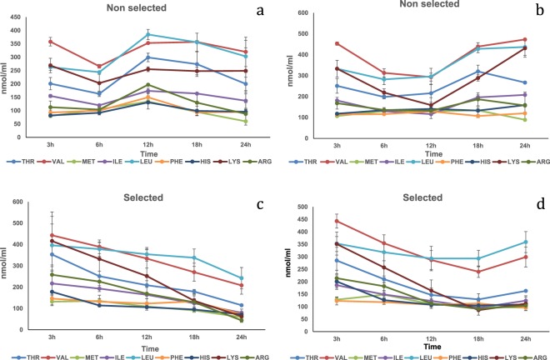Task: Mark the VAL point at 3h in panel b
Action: [x=337, y=43]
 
